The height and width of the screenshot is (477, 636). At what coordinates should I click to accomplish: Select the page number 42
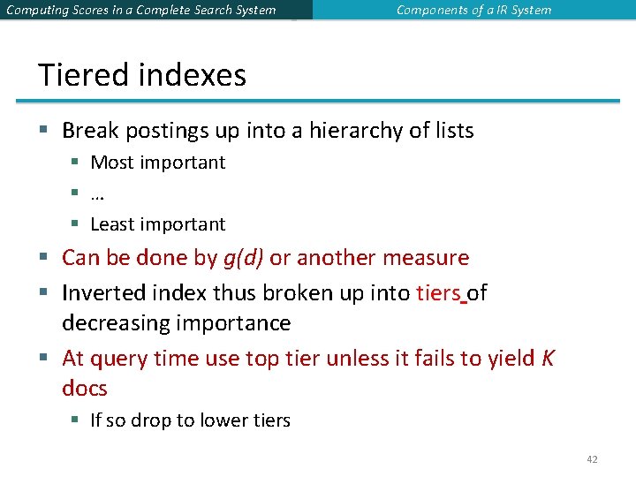[x=592, y=459]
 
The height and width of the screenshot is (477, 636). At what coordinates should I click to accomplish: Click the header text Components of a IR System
[x=473, y=11]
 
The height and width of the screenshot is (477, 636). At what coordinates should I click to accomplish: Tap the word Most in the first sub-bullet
[x=111, y=163]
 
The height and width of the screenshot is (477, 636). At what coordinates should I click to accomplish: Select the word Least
[x=113, y=224]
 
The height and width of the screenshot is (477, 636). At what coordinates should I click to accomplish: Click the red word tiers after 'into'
[x=437, y=292]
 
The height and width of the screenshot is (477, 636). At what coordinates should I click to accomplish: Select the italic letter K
[x=548, y=358]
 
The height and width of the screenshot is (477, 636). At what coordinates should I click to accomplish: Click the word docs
[x=85, y=389]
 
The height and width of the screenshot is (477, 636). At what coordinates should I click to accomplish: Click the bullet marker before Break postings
[x=44, y=132]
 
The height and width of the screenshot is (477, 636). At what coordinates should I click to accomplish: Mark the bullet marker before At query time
[x=44, y=358]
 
